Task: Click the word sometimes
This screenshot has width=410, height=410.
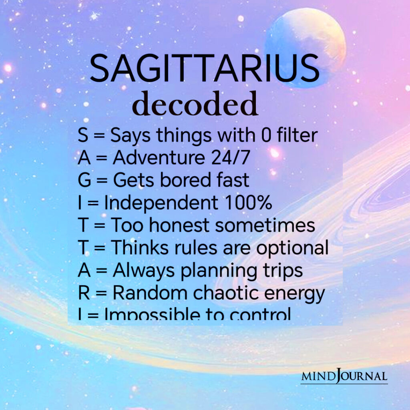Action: [265, 225]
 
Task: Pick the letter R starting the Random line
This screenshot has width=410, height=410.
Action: [83, 293]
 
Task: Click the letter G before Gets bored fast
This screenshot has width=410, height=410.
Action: [84, 181]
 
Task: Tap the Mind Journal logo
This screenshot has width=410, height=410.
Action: [344, 376]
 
